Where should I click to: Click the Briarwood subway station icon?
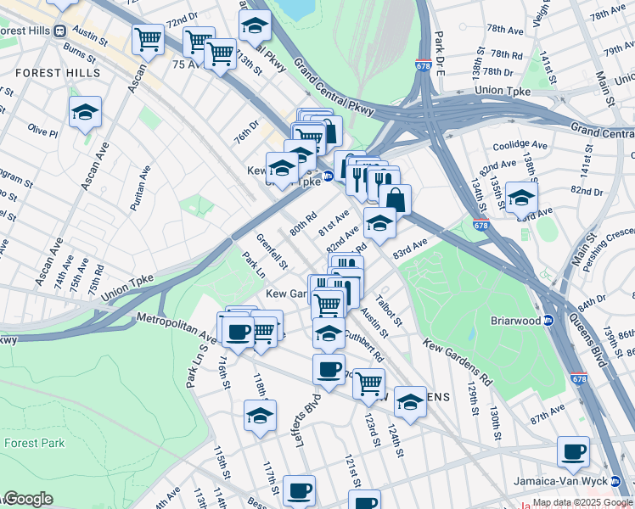[x=548, y=321]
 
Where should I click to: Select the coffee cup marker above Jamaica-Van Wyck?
[x=574, y=451]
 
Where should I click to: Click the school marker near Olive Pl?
[x=85, y=112]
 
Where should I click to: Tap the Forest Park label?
[x=34, y=443]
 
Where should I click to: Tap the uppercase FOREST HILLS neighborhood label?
[x=58, y=74]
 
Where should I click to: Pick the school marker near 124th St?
[x=410, y=401]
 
